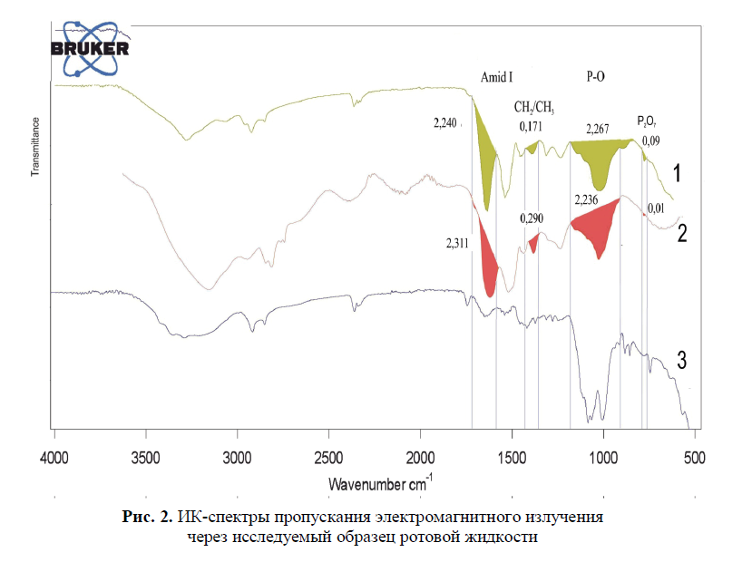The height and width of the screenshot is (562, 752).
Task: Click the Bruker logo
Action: [89, 47]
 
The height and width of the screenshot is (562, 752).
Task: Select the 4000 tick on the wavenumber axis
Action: [55, 456]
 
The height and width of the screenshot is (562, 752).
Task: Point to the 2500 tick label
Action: [329, 456]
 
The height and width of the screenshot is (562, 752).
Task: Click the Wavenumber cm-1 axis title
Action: [380, 481]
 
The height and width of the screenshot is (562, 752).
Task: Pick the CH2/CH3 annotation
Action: [534, 108]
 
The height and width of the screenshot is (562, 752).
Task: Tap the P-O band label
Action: [596, 78]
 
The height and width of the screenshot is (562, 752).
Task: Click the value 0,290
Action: [532, 218]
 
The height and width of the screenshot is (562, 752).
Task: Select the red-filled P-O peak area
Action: [595, 228]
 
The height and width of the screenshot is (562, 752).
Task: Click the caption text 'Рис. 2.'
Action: [146, 518]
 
